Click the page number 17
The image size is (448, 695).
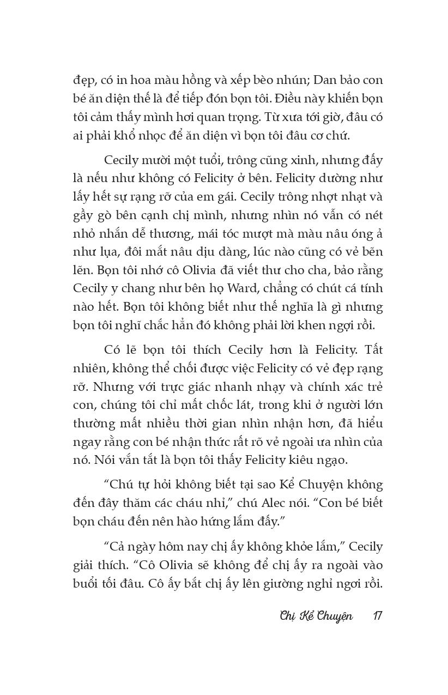tap(377, 616)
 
